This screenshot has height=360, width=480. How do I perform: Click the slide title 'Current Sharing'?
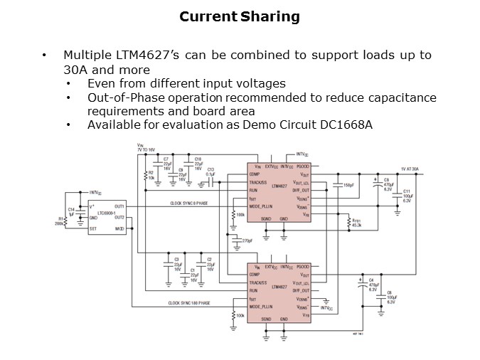pos(239,16)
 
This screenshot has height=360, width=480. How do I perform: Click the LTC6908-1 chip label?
pos(107,213)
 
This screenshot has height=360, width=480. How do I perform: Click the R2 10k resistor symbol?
pos(146,175)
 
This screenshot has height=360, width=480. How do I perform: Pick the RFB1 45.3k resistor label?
pos(356,223)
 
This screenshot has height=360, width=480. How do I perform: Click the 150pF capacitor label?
pos(347,185)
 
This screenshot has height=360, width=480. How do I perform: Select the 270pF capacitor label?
pos(247,241)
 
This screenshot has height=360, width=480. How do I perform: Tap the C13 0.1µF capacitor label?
pos(210,171)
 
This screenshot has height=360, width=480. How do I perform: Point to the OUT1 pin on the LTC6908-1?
pos(119,206)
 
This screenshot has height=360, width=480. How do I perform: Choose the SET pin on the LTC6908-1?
pos(93,228)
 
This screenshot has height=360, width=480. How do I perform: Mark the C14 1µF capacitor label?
pos(71,211)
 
